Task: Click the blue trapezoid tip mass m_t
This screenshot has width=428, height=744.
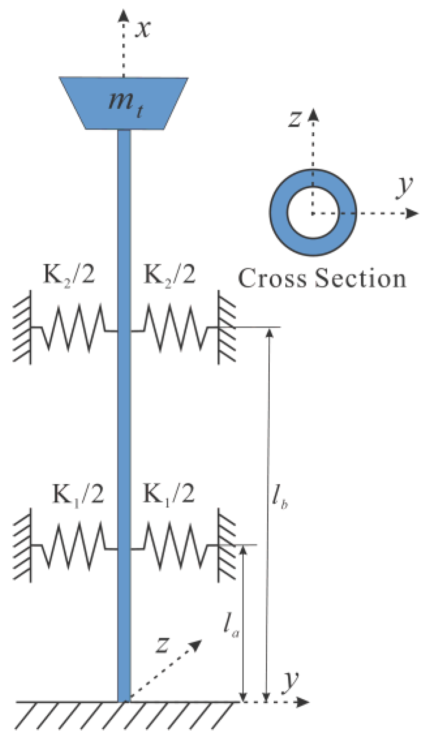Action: (x=124, y=103)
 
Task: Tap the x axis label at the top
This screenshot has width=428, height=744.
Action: (x=143, y=29)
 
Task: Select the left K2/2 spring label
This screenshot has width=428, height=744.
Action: (x=69, y=274)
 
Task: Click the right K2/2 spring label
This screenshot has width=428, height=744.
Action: (x=170, y=274)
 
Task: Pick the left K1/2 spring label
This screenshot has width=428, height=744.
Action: (x=78, y=494)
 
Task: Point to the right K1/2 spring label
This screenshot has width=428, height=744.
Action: (x=169, y=494)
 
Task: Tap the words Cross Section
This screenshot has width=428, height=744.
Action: (x=322, y=278)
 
